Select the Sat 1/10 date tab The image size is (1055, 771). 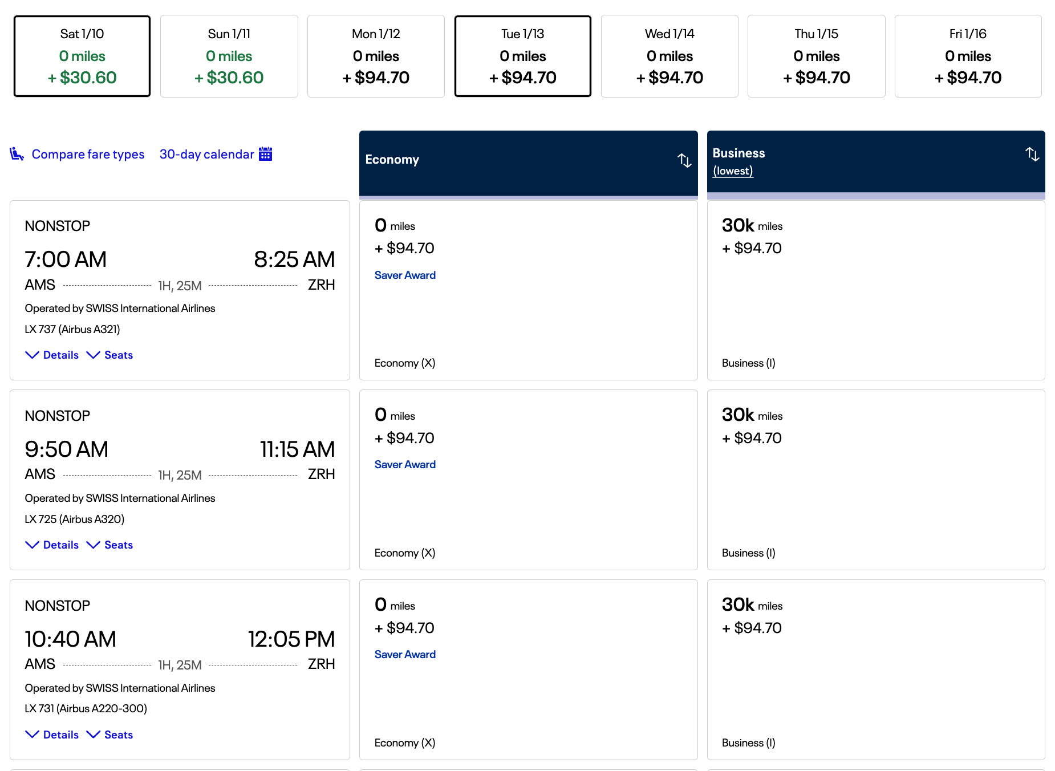click(82, 56)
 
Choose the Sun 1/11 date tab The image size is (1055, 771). click(229, 56)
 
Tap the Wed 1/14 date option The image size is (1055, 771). click(669, 56)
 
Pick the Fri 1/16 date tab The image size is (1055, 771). click(968, 56)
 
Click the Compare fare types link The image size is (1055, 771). click(88, 154)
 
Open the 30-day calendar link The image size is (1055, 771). click(206, 154)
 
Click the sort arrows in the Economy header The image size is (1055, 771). click(684, 160)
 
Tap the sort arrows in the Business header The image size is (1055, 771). click(1032, 154)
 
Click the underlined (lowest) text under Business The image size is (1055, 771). click(733, 171)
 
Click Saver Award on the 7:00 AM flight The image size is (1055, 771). click(405, 275)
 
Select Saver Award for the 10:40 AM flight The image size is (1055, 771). click(405, 654)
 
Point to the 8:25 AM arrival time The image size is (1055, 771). click(294, 259)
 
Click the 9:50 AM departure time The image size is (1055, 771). click(66, 449)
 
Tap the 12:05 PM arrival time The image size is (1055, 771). click(291, 639)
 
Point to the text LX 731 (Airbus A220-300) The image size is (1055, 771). click(86, 708)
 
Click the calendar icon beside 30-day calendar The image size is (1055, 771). click(265, 154)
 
